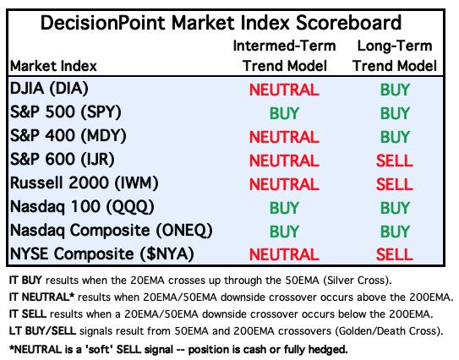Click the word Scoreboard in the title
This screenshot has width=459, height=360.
click(348, 23)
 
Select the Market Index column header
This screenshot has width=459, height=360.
click(53, 66)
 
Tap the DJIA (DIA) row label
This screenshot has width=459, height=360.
click(49, 89)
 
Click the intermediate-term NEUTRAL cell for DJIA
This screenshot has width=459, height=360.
click(284, 90)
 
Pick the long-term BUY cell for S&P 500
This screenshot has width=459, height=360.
click(395, 113)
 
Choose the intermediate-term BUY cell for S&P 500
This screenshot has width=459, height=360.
click(284, 113)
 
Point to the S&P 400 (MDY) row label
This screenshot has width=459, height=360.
click(68, 136)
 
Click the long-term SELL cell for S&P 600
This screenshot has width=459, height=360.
click(394, 161)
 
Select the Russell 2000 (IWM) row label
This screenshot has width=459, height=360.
click(84, 183)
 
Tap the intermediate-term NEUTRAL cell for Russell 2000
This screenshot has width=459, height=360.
click(284, 184)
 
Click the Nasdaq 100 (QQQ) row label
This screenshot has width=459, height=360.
click(82, 207)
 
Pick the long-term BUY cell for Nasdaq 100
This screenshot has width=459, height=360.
click(395, 208)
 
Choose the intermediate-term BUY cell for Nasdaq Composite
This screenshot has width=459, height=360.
click(284, 232)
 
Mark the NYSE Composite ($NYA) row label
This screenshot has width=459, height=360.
click(102, 254)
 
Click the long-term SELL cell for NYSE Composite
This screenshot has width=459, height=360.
click(394, 254)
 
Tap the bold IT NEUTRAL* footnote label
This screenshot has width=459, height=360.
click(41, 297)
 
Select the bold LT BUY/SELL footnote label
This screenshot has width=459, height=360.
click(42, 331)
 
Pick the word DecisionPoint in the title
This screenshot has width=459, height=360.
click(103, 23)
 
